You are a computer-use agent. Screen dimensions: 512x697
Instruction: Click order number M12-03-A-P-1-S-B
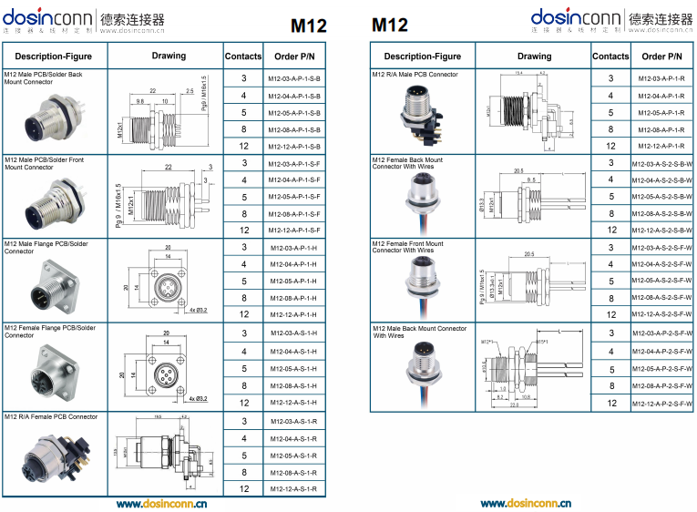point(293,79)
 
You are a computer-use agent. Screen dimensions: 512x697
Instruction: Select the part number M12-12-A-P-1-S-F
point(293,230)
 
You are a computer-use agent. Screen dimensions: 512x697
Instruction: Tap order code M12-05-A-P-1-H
point(293,282)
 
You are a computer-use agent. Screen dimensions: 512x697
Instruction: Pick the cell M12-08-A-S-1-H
point(293,384)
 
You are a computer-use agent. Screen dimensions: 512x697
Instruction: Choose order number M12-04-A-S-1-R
point(293,438)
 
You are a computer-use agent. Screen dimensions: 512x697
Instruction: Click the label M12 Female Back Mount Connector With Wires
point(408,163)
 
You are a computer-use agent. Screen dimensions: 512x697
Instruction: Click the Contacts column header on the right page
point(610,56)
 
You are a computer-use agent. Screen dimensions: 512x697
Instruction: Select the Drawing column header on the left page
point(169,56)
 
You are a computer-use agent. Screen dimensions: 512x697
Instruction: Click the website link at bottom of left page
point(161,503)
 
